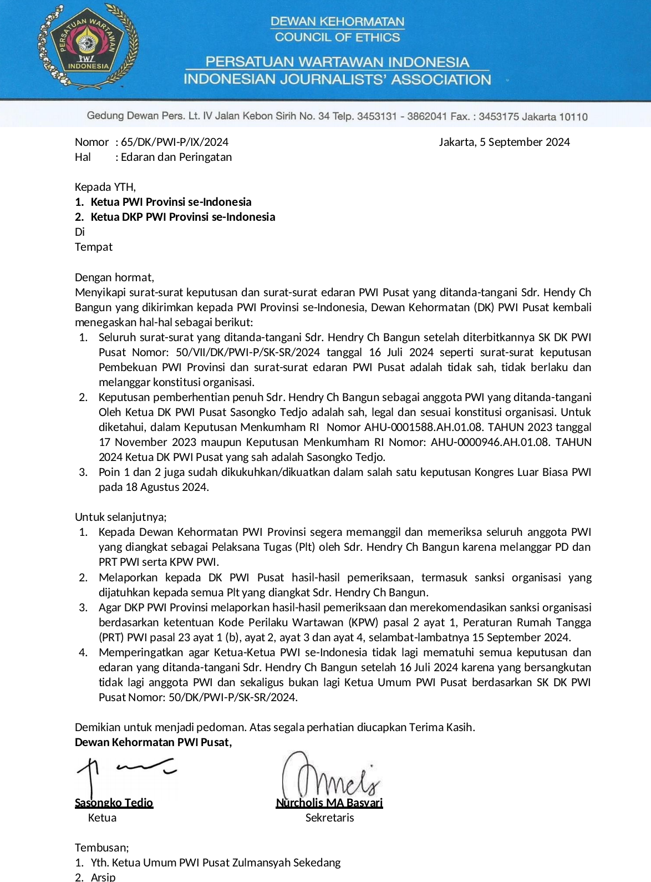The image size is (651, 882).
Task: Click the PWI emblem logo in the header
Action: (x=88, y=47)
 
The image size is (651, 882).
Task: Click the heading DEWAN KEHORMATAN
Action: (x=337, y=22)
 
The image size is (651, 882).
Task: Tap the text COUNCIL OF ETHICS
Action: (x=337, y=37)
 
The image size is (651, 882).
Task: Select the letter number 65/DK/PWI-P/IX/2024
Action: (x=175, y=142)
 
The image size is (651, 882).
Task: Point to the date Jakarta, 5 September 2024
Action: (x=504, y=142)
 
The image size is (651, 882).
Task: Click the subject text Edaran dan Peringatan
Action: (x=176, y=157)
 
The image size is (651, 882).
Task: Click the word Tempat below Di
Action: (x=94, y=247)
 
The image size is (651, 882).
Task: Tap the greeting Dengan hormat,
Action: (x=115, y=277)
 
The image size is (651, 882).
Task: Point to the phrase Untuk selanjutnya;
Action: (x=121, y=517)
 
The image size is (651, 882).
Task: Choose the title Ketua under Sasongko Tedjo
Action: (x=102, y=818)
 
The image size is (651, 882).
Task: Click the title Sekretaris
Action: (x=329, y=818)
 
